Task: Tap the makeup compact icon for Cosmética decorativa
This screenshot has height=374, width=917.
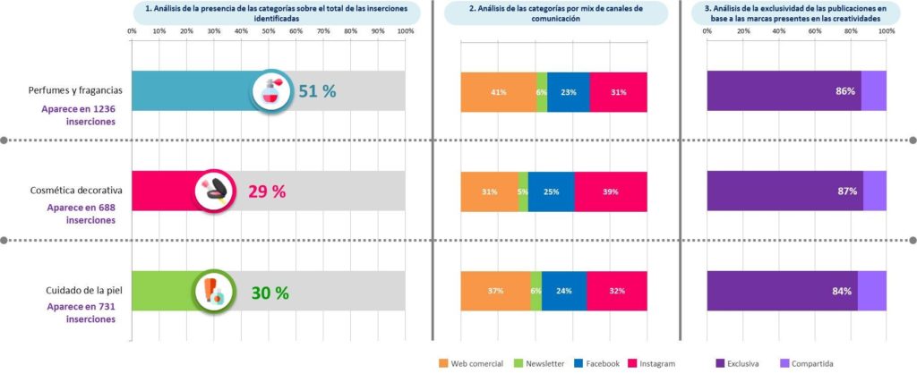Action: [x=216, y=191]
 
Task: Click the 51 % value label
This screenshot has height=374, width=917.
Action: [x=317, y=91]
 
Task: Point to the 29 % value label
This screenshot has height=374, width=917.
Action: [x=267, y=191]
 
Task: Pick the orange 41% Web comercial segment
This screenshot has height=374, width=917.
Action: [x=499, y=91]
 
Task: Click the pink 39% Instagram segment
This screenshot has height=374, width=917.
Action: [x=611, y=191]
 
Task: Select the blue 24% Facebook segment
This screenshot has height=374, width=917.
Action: [x=564, y=292]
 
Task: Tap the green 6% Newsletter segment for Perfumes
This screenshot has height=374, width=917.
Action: [x=542, y=91]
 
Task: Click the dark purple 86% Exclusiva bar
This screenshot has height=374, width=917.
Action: [x=784, y=91]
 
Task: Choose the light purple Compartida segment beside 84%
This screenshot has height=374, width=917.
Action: [x=872, y=292]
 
